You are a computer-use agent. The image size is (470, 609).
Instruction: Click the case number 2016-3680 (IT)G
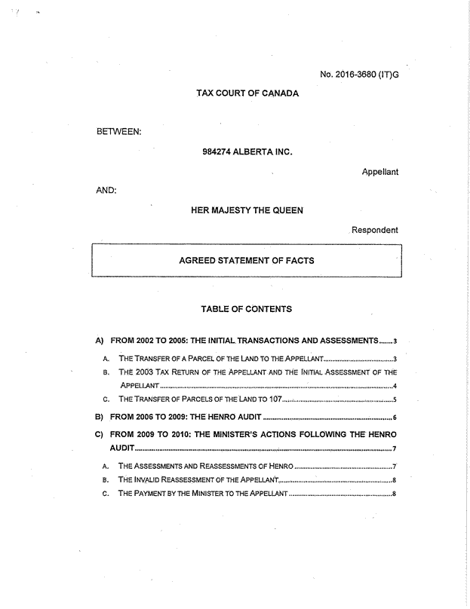358,74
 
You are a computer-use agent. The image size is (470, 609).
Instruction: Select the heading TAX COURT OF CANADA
247,93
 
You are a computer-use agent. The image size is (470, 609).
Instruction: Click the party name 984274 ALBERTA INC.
247,152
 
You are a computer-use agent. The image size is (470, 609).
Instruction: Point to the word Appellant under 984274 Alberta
379,172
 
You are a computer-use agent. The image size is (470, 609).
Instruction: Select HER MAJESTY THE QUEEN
247,210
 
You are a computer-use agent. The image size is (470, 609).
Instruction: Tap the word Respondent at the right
374,230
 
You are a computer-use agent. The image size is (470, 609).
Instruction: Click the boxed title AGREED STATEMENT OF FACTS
246,261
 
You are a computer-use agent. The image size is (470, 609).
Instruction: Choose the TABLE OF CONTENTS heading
246,309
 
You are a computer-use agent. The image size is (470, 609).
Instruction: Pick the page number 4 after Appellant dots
395,387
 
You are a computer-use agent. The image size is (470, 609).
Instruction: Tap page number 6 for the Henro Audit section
395,418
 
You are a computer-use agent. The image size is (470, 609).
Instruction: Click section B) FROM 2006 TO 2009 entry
185,418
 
